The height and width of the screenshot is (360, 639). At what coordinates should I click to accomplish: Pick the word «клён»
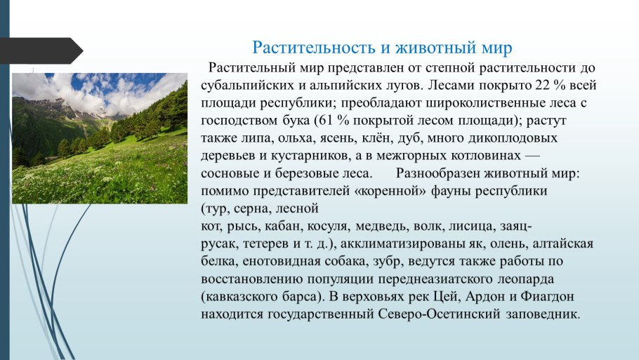[376, 138]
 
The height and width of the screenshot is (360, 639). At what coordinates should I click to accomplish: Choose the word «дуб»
[411, 138]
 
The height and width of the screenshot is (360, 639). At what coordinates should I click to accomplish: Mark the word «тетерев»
[265, 244]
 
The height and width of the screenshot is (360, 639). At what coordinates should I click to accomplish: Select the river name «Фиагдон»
[547, 296]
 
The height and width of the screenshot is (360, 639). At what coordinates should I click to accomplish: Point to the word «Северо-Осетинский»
[439, 314]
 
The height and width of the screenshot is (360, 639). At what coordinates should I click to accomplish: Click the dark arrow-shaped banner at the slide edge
[41, 51]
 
